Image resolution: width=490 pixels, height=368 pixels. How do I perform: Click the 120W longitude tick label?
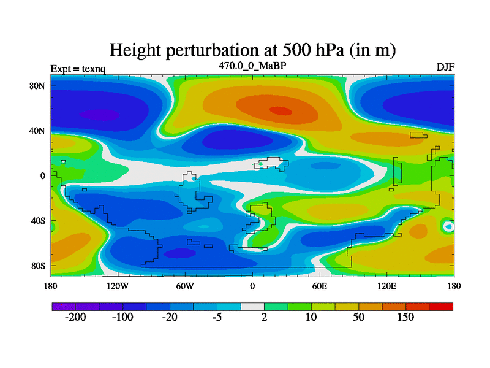pos(118,286)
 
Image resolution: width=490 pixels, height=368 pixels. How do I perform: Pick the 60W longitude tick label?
pos(185,286)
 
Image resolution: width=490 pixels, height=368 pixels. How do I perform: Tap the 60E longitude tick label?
pos(320,286)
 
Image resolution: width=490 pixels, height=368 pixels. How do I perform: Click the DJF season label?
pos(445,67)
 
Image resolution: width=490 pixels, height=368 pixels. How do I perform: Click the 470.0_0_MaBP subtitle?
pos(252,65)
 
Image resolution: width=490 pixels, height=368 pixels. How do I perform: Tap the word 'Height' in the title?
pos(137,50)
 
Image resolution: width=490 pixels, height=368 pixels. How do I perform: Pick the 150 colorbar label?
pos(405,318)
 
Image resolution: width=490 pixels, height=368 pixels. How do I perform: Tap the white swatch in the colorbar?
pos(252,306)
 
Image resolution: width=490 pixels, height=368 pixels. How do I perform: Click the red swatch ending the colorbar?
pos(441,306)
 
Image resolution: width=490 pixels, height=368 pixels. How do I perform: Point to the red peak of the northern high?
pos(281,111)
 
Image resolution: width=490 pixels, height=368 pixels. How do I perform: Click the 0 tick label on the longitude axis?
pos(252,286)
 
